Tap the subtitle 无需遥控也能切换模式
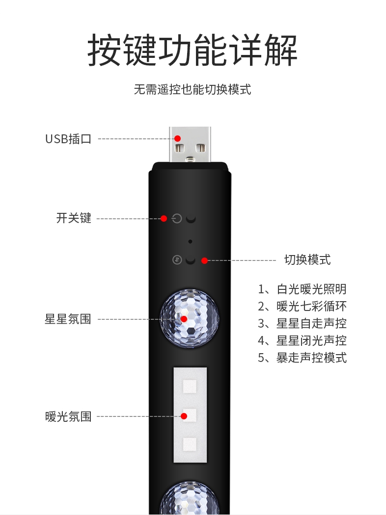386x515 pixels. click(x=193, y=90)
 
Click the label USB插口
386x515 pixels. click(x=68, y=139)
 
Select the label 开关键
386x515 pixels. click(x=74, y=218)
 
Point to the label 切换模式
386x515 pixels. click(x=308, y=259)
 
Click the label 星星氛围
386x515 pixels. click(x=68, y=319)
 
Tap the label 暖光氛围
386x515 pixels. click(x=68, y=416)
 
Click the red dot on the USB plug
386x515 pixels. click(x=178, y=138)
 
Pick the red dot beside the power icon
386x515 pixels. click(x=164, y=218)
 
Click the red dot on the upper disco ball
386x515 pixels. click(x=184, y=319)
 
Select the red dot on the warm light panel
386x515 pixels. click(x=184, y=416)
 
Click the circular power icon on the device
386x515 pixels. click(x=177, y=219)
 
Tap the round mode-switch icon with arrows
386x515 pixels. click(x=177, y=260)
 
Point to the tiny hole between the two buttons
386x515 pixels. click(x=190, y=242)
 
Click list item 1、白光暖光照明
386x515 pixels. click(x=302, y=289)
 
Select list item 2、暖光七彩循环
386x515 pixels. click(x=302, y=307)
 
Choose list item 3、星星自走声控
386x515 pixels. click(x=302, y=323)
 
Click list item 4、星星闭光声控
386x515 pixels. click(x=302, y=340)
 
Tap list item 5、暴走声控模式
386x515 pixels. click(x=302, y=358)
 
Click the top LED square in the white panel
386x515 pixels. click(x=190, y=386)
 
